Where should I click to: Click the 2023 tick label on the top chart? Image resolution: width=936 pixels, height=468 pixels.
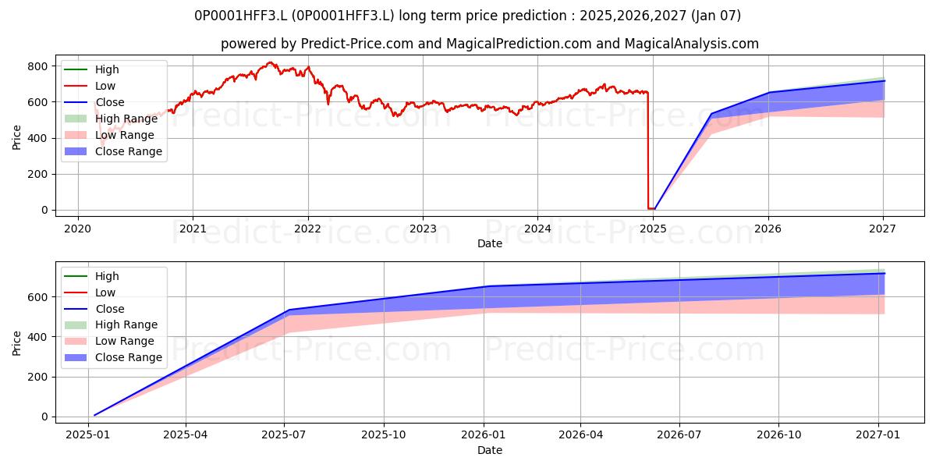[x=423, y=229]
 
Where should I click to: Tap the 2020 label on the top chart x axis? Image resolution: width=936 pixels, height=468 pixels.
[x=78, y=229]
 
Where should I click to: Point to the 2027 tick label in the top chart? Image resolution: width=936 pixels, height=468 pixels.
[x=883, y=229]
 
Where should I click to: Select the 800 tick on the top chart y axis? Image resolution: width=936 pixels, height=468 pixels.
[x=38, y=66]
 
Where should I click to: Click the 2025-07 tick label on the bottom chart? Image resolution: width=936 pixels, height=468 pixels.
[x=284, y=435]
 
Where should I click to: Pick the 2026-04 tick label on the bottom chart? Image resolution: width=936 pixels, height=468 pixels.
[x=581, y=435]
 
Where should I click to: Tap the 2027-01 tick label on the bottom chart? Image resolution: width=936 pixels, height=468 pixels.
[x=878, y=435]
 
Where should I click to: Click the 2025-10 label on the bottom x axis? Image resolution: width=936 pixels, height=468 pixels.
[x=384, y=435]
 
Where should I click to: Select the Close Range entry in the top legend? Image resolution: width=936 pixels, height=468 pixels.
[x=128, y=151]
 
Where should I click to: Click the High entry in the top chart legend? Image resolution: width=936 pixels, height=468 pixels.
[x=107, y=69]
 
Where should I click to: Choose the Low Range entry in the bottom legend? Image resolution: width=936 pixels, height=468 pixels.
[x=125, y=341]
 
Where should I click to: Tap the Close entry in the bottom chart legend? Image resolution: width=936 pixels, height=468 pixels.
[x=110, y=309]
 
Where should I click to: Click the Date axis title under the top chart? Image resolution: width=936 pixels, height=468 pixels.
[x=490, y=243]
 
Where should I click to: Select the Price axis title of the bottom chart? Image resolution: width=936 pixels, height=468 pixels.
[x=16, y=343]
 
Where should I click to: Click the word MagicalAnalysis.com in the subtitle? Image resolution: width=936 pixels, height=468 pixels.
[x=692, y=44]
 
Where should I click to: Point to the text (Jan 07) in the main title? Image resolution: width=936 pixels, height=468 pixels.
[x=716, y=16]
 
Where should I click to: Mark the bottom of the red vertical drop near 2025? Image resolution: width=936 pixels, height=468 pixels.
[x=648, y=208]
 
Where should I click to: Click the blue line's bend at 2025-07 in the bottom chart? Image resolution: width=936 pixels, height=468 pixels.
[x=289, y=310]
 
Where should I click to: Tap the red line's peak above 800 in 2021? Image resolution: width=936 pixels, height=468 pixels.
[x=271, y=62]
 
